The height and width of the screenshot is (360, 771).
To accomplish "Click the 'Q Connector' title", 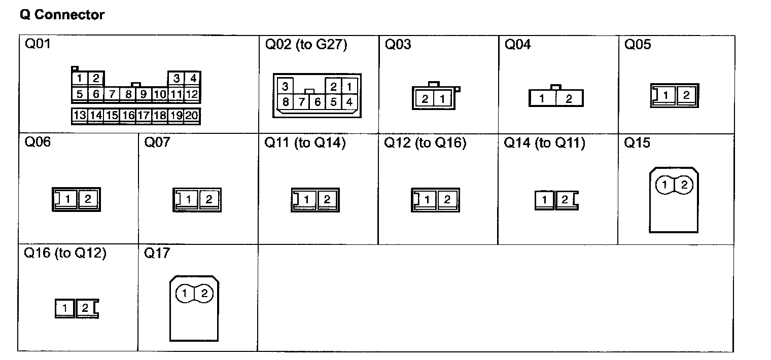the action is (x=62, y=15).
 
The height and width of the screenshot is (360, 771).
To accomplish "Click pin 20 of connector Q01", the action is (x=192, y=115).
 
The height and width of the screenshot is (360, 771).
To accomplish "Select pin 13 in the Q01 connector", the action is (x=80, y=115).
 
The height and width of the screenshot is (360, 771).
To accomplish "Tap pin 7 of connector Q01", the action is (x=112, y=94).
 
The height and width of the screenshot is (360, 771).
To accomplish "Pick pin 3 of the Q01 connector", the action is (x=176, y=79).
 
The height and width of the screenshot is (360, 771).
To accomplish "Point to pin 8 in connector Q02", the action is (x=286, y=102).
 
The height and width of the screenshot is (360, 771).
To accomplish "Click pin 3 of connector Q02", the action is (x=286, y=86).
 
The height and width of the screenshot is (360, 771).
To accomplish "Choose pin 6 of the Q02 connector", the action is (x=318, y=102).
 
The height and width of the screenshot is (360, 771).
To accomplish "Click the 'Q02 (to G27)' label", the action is (x=306, y=45).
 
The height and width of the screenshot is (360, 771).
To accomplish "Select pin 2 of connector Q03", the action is (x=425, y=99).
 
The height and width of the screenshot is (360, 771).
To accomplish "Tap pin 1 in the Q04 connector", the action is (x=542, y=99).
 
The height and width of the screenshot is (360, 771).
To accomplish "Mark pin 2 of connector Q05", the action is (x=686, y=95).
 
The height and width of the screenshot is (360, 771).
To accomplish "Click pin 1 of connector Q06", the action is (x=67, y=199).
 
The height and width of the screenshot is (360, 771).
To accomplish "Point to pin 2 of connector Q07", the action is (x=208, y=199).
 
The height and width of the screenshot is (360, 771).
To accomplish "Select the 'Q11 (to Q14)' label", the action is (x=305, y=142).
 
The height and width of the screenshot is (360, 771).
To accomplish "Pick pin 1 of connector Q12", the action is (x=427, y=200).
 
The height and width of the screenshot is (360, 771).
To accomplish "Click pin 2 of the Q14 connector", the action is (x=565, y=200).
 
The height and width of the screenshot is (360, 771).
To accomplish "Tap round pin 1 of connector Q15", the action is (x=664, y=185).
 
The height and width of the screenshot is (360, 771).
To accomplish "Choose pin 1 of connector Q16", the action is (x=65, y=308).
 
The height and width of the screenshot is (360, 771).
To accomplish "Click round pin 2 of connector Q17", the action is (x=204, y=293).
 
